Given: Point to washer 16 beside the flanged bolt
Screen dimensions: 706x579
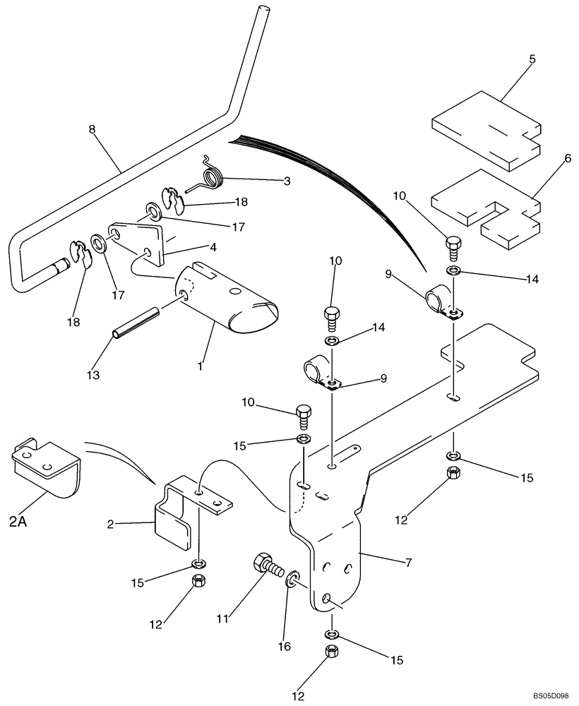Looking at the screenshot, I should [x=292, y=580].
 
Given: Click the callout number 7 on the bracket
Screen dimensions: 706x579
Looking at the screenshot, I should [x=408, y=563].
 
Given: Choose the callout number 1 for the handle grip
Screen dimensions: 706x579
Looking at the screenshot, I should [x=201, y=366].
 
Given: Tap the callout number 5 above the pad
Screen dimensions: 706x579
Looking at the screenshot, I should [x=532, y=59].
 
